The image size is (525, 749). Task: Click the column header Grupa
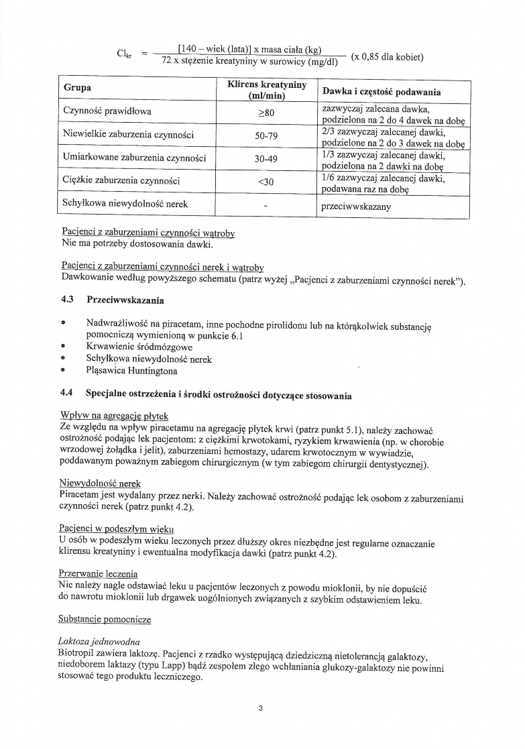tap(78, 89)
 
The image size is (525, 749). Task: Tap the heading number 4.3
tap(68, 300)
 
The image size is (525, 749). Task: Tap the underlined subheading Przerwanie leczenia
tap(99, 573)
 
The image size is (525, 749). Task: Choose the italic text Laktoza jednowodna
tap(99, 642)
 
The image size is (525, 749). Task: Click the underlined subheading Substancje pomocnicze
tap(105, 619)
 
